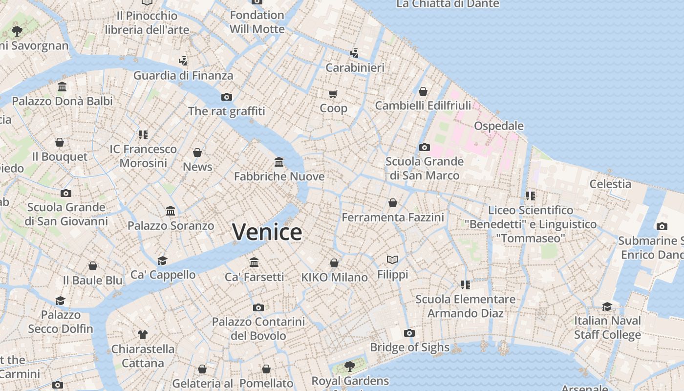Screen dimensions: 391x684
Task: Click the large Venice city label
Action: point(267,232)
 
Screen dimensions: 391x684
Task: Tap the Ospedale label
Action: point(499,126)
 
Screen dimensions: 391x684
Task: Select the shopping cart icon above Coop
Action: point(333,94)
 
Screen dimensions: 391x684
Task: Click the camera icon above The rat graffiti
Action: point(226,97)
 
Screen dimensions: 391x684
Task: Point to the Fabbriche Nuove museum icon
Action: point(279,162)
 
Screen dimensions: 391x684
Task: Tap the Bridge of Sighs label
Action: point(409,347)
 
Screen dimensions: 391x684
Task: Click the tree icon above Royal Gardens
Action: point(349,366)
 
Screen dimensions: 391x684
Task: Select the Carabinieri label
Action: point(355,67)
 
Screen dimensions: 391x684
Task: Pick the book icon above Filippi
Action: point(392,260)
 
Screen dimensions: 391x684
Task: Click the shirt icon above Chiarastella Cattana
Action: point(142,335)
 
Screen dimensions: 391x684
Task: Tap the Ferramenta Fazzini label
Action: point(393,217)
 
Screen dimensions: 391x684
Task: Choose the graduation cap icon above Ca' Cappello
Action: point(163,261)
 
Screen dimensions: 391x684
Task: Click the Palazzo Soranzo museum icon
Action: point(171,211)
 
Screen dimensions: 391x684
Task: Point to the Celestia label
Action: point(610,184)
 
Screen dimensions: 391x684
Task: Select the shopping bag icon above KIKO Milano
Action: point(334,263)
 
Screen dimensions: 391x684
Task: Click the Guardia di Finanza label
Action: point(183,75)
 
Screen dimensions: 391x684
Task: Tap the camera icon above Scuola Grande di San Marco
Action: point(424,147)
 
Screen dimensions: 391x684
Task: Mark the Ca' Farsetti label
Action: point(254,277)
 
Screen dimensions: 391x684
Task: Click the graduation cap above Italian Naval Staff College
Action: point(607,306)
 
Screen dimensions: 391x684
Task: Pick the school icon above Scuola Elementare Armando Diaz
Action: point(465,284)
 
